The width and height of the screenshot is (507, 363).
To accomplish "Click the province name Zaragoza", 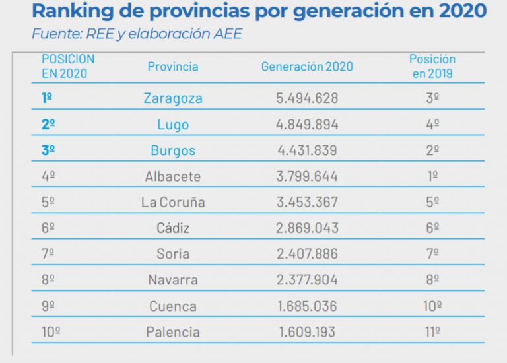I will pyautogui.click(x=173, y=98).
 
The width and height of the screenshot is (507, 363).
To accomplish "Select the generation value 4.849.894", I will pyautogui.click(x=307, y=125).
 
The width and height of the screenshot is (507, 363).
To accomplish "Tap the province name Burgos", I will pyautogui.click(x=173, y=150).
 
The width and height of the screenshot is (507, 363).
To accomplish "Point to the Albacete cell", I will pyautogui.click(x=173, y=176).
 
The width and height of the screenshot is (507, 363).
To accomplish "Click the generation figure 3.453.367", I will pyautogui.click(x=307, y=202).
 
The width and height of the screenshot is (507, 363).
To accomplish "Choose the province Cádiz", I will pyautogui.click(x=173, y=228).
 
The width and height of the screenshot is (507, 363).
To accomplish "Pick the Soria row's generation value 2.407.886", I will pyautogui.click(x=307, y=253).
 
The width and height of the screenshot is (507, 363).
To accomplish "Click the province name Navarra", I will pyautogui.click(x=173, y=279).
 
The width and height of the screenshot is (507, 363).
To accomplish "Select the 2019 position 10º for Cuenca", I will pyautogui.click(x=432, y=306).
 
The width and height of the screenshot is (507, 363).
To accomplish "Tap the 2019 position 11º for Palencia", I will pyautogui.click(x=432, y=331).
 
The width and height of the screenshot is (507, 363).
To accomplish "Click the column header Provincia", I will pyautogui.click(x=173, y=67).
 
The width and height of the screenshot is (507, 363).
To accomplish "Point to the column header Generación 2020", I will pyautogui.click(x=307, y=67).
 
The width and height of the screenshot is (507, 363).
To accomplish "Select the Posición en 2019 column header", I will pyautogui.click(x=432, y=67).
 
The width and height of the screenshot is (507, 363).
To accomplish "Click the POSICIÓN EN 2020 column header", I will pyautogui.click(x=68, y=66).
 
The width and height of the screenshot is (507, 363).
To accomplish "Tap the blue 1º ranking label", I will pyautogui.click(x=48, y=98).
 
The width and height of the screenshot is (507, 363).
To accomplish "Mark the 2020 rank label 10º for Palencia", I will pyautogui.click(x=51, y=331).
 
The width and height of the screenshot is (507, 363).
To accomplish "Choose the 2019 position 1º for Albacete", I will pyautogui.click(x=432, y=176).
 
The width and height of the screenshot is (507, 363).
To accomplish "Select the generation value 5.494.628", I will pyautogui.click(x=307, y=98).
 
